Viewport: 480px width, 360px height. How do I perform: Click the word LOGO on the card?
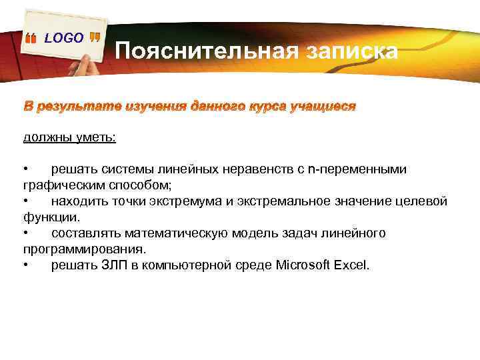pyautogui.click(x=64, y=38)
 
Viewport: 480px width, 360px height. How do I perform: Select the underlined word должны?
pyautogui.click(x=45, y=137)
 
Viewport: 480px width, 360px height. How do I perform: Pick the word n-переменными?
pyautogui.click(x=357, y=169)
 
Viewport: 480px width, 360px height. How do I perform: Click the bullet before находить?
pyautogui.click(x=25, y=201)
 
